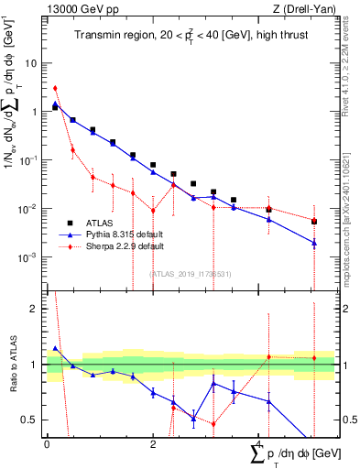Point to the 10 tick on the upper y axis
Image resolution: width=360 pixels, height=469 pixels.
tap(33, 63)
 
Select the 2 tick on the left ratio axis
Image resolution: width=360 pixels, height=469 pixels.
tap(35, 309)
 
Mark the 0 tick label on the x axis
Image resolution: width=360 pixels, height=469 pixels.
tap(47, 444)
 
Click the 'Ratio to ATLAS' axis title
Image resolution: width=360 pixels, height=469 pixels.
tap(14, 364)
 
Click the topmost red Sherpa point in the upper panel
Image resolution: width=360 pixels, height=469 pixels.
tap(55, 88)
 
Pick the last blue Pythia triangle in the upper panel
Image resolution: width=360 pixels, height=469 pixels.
tap(313, 243)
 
